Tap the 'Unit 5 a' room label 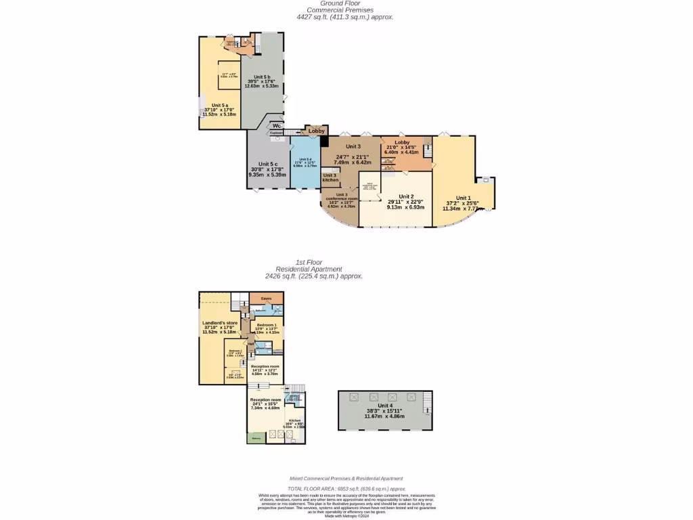click(x=220, y=106)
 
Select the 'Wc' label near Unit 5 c click(x=277, y=125)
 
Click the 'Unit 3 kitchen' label click(x=330, y=177)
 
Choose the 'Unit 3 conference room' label click(x=336, y=197)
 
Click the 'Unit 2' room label click(x=405, y=196)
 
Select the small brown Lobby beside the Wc click(x=316, y=131)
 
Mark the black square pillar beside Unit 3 click(x=324, y=142)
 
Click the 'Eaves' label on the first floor click(x=266, y=298)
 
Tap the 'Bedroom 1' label click(x=267, y=326)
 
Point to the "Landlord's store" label click(x=219, y=323)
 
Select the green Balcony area click(x=256, y=438)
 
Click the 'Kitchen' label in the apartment click(x=294, y=420)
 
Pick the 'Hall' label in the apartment click(x=250, y=344)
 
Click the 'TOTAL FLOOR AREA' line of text click(x=346, y=488)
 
